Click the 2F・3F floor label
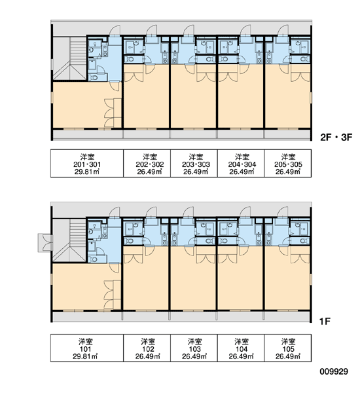[x=336, y=137]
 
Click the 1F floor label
[x=325, y=321]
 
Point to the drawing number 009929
[x=334, y=371]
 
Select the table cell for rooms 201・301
[x=87, y=163]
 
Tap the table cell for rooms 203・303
[x=194, y=163]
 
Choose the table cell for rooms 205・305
[x=287, y=163]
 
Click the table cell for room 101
[x=87, y=348]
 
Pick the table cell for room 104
[x=241, y=348]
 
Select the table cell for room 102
[x=147, y=348]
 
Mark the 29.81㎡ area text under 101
[x=85, y=356]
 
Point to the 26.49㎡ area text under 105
[x=288, y=356]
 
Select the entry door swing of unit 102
[x=151, y=212]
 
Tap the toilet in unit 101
[x=94, y=259]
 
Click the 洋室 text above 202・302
[x=150, y=157]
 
